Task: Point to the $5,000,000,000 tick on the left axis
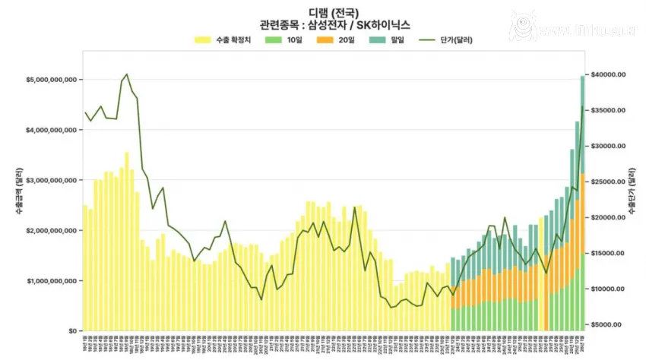tap(45, 80)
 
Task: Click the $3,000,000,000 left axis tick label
tap(45, 181)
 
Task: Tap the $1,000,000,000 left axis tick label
tap(45, 281)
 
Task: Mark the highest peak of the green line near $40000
tap(127, 74)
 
